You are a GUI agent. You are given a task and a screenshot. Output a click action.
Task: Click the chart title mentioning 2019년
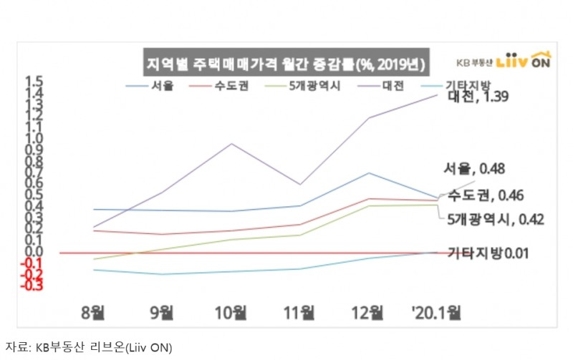point(284,63)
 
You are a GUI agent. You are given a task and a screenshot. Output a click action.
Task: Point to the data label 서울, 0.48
point(475,170)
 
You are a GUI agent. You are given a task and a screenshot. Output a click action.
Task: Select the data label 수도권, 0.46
point(485,195)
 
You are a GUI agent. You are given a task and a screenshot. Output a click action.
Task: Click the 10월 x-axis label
point(231,312)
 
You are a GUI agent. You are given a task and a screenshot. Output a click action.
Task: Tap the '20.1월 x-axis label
point(435,312)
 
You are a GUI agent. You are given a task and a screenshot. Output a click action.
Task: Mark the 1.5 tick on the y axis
point(34,81)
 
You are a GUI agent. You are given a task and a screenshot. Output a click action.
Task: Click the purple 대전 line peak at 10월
point(231,143)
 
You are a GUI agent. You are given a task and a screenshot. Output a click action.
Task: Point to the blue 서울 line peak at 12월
point(368,172)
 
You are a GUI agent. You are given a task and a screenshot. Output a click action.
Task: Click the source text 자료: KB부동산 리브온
point(90,348)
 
